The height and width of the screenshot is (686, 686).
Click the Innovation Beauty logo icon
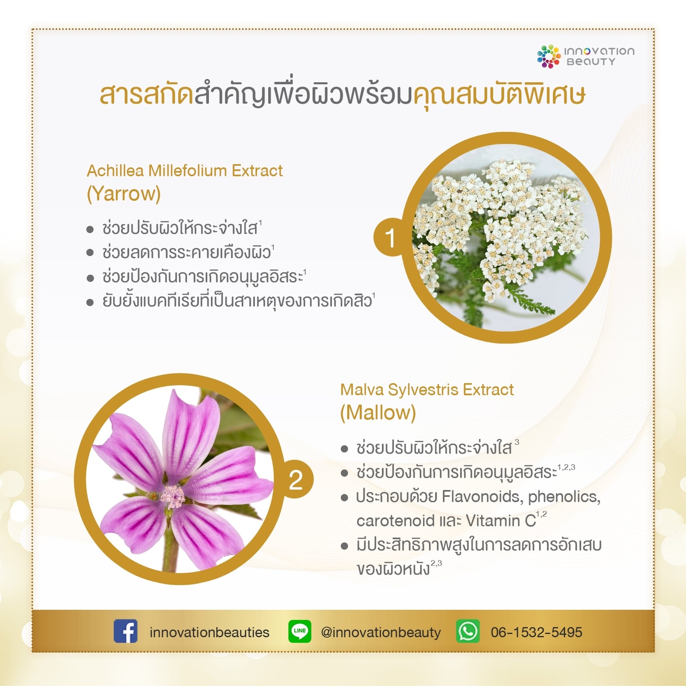click(548, 56)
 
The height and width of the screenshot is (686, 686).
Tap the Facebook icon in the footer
click(125, 631)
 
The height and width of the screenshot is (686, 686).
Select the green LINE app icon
click(300, 631)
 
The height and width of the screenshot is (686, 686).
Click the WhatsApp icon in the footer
click(468, 631)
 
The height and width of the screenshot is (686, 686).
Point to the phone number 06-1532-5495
click(536, 632)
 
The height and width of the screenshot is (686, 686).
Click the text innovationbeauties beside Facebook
click(209, 632)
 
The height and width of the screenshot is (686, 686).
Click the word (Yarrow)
click(124, 194)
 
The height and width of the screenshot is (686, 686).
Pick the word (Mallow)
click(378, 413)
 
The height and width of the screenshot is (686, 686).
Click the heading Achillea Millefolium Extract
click(185, 171)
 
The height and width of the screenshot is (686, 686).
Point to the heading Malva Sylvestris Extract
click(427, 390)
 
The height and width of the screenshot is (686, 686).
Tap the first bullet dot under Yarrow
click(90, 230)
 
